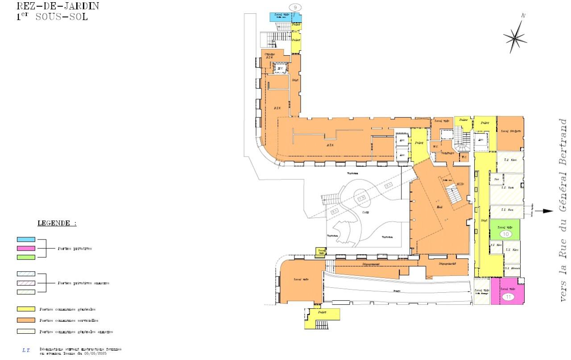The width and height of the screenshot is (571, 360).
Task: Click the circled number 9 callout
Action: click(295, 7)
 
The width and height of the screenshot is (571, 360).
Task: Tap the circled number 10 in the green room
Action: click(505, 234)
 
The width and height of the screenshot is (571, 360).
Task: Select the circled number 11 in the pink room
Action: click(507, 297)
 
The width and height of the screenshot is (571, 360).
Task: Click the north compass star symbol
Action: click(515, 37)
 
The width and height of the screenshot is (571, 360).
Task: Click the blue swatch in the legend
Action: click(26, 240)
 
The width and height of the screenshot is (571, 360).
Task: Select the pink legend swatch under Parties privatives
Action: click(26, 248)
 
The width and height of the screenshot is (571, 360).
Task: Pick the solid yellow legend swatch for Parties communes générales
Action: click(26, 309)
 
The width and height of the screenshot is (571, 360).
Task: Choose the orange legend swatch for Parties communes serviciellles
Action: click(26, 320)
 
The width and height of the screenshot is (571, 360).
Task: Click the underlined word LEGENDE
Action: click(56, 223)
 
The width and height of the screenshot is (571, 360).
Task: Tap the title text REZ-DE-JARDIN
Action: click(58, 6)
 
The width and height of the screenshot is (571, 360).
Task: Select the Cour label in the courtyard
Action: click(365, 213)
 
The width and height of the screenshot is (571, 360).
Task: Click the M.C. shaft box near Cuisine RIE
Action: click(280, 68)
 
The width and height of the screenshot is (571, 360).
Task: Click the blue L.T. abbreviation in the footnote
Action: click(26, 351)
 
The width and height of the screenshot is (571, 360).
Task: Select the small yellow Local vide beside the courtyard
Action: click(321, 252)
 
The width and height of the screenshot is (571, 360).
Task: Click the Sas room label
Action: click(496, 179)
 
